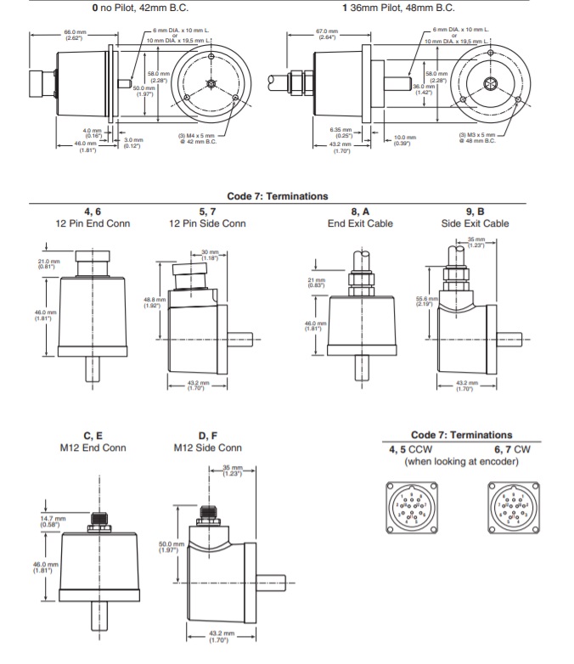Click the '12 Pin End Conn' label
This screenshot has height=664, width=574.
coord(92,223)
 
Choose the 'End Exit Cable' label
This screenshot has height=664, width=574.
coord(360,223)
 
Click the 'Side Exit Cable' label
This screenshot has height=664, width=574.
coord(475,223)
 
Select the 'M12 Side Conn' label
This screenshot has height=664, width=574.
coord(207,447)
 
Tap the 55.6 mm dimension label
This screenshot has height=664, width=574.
coord(427,301)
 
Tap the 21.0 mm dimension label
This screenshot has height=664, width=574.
coord(48,263)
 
